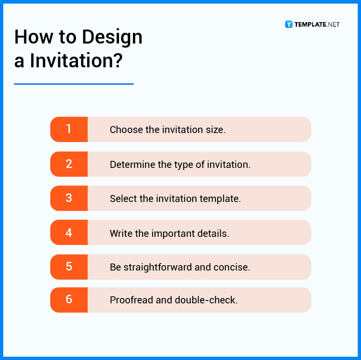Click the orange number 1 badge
[x=69, y=129]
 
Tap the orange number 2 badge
[x=69, y=164]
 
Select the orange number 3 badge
[x=69, y=198]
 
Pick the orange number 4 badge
[x=69, y=232]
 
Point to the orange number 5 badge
[x=69, y=267]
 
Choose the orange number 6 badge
[x=69, y=300]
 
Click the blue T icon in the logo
[x=289, y=24]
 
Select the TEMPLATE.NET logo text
[x=317, y=24]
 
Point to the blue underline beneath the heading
[x=74, y=84]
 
